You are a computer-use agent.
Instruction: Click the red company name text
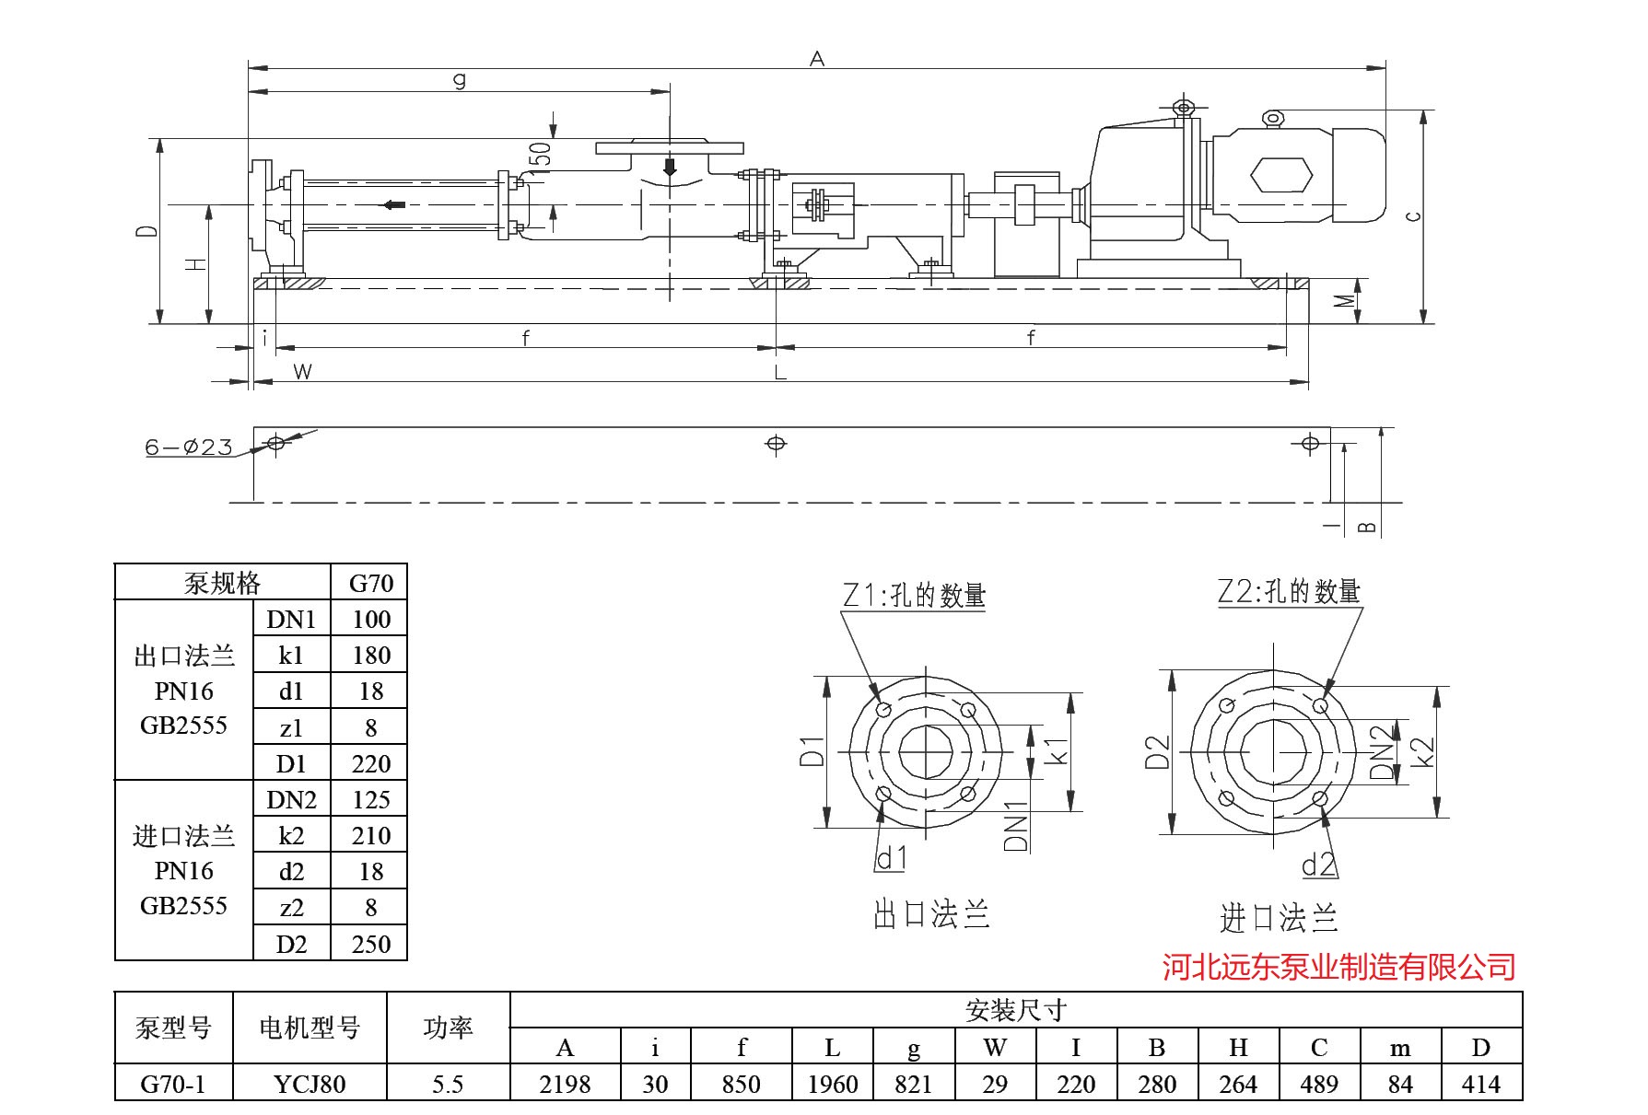point(1338,967)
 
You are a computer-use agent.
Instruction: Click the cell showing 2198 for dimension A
point(565,1084)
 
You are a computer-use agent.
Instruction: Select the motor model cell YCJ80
point(310,1084)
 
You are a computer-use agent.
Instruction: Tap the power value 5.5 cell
point(448,1084)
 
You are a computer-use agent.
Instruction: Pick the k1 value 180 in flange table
point(370,656)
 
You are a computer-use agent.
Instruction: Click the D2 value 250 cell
point(370,944)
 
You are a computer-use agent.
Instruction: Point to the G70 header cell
point(370,583)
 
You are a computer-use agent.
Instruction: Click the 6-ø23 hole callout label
point(189,447)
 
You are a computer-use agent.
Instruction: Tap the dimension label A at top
point(816,59)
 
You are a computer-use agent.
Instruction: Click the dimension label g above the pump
point(460,80)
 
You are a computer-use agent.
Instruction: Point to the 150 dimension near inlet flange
point(542,155)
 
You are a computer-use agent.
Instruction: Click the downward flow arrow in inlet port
point(670,168)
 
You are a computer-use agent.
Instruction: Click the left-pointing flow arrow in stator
point(394,204)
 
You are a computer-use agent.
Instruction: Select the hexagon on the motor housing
point(1280,173)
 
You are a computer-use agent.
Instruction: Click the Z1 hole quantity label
point(914,596)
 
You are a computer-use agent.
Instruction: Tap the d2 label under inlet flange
point(1318,865)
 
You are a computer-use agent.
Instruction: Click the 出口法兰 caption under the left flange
point(930,914)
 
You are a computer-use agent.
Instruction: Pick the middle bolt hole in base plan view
point(776,444)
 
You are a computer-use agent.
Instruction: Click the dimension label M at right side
point(1345,301)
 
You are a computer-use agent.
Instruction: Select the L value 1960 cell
point(832,1084)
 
